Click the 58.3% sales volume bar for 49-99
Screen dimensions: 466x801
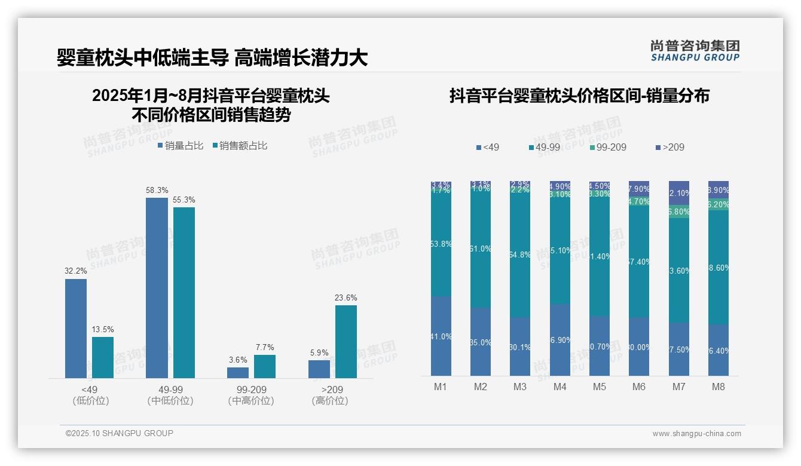click(157, 287)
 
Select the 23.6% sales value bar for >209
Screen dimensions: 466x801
click(346, 341)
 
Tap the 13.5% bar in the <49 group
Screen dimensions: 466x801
click(103, 357)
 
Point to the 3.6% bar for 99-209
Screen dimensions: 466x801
click(237, 372)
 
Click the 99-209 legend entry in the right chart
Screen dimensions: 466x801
click(607, 147)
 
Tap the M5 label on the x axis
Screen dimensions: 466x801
click(599, 387)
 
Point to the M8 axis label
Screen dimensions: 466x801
click(718, 387)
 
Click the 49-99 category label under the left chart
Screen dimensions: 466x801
click(170, 390)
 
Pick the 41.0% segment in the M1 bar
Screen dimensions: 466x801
click(441, 336)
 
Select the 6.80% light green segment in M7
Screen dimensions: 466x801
click(678, 211)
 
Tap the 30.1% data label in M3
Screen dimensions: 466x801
click(520, 347)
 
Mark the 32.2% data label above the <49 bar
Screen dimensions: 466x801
click(76, 271)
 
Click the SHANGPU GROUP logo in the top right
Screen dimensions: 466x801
click(695, 50)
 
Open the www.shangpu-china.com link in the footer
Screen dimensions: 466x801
click(696, 434)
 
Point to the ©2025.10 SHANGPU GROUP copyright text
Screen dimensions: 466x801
click(120, 433)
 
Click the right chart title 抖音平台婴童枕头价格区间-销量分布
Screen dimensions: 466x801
click(579, 96)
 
